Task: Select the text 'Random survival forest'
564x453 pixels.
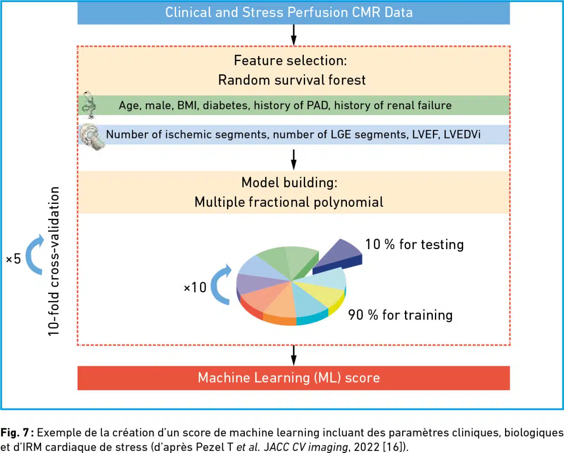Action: point(292,80)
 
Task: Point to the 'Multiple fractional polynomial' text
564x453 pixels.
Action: point(289,202)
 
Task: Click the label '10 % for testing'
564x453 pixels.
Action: point(414,244)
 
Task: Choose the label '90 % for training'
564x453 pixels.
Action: point(400,315)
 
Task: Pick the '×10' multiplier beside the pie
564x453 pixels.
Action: point(195,288)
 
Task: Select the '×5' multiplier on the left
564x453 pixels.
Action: point(13,259)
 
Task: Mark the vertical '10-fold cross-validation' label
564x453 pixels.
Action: point(53,261)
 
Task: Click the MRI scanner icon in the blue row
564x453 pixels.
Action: point(91,136)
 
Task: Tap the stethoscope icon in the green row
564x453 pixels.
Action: point(89,105)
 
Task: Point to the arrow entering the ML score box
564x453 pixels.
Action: point(294,355)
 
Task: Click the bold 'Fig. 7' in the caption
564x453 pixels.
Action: point(14,433)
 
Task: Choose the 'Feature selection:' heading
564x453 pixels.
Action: point(290,61)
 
